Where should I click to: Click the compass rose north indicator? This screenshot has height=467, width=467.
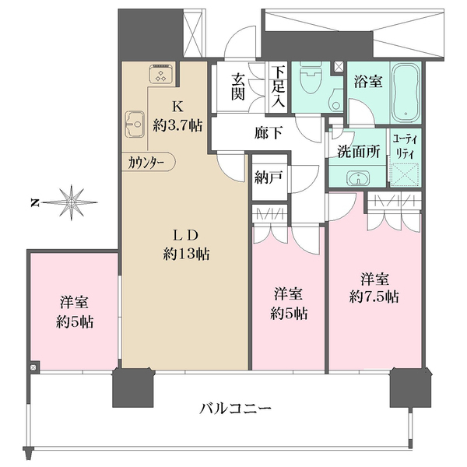tap(72, 202)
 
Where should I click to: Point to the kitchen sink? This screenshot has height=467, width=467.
tap(135, 124)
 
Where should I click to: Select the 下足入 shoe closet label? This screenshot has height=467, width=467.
tap(279, 85)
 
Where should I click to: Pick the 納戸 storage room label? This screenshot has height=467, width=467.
tap(268, 177)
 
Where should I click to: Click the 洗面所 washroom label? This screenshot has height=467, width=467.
tap(358, 152)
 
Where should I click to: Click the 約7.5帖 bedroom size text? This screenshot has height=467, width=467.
tap(374, 296)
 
